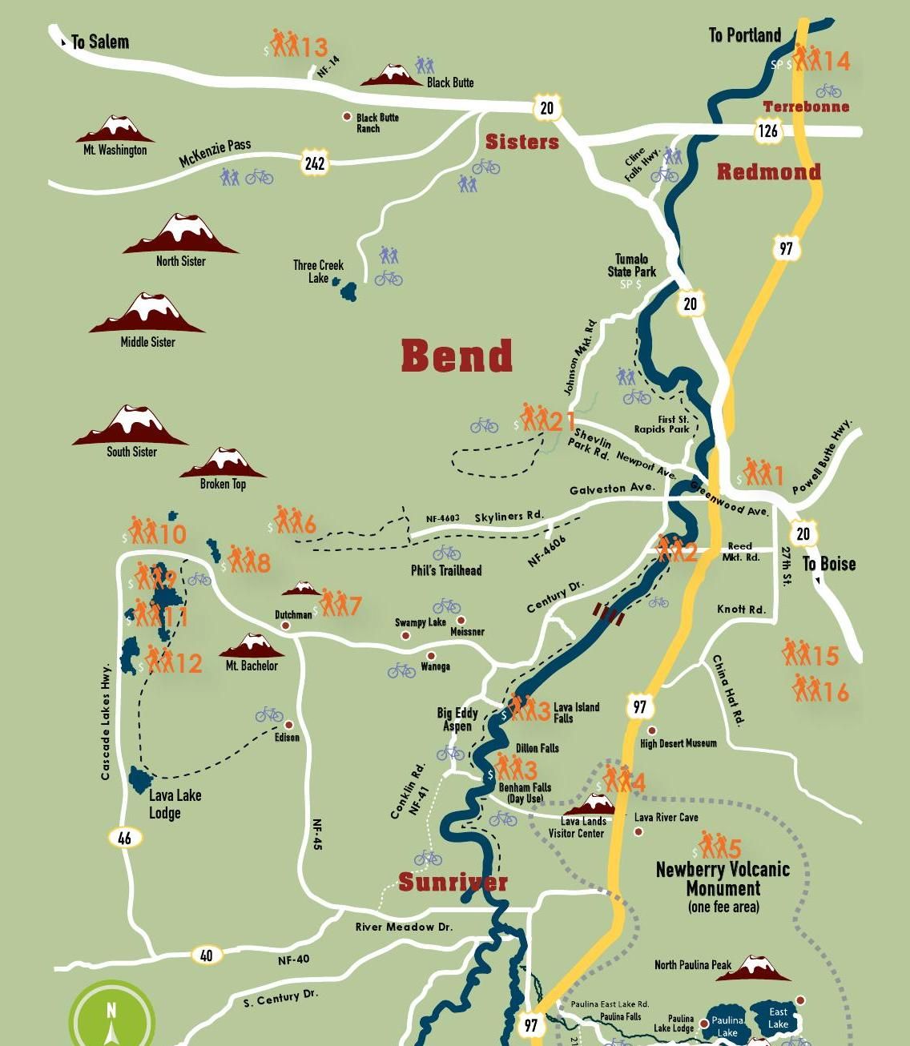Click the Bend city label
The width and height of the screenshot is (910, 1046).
click(x=457, y=356)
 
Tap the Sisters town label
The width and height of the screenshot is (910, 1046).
click(x=521, y=142)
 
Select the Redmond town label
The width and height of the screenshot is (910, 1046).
click(x=768, y=171)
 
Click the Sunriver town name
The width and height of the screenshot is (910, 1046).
click(x=453, y=883)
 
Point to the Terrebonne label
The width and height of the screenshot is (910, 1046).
click(x=806, y=107)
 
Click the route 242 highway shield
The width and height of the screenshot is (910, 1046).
click(x=315, y=163)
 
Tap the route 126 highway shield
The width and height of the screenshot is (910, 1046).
click(x=767, y=131)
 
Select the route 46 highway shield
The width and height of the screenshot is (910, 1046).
click(x=124, y=838)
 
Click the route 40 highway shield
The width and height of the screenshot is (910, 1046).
click(x=207, y=955)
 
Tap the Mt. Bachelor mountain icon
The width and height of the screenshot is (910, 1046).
click(x=252, y=646)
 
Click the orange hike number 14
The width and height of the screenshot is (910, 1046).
click(x=836, y=62)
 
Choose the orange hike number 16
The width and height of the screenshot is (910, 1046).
click(x=836, y=692)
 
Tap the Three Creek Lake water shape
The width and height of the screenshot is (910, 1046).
click(x=348, y=290)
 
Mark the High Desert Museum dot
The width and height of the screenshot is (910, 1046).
click(x=651, y=730)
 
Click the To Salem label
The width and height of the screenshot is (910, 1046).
click(x=99, y=42)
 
